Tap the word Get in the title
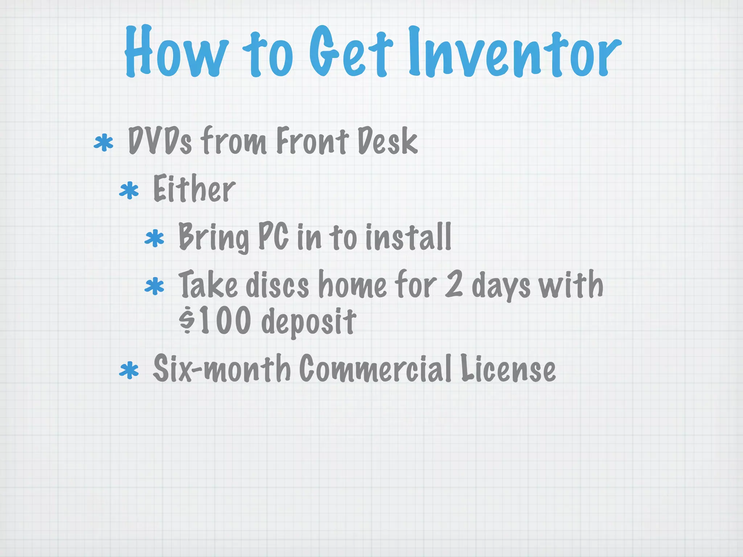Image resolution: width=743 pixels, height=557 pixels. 351,53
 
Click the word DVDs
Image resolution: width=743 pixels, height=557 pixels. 160,141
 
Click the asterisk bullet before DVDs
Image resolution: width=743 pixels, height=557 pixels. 103,143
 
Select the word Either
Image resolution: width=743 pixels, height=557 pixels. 194,189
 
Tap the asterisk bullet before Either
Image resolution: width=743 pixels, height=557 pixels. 129,191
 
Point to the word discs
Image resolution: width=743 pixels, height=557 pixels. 277,285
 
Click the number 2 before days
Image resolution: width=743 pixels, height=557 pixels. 454,285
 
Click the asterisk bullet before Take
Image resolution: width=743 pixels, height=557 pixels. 154,286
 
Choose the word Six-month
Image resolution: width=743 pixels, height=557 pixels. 222,369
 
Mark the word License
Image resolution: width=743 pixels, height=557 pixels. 508,369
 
